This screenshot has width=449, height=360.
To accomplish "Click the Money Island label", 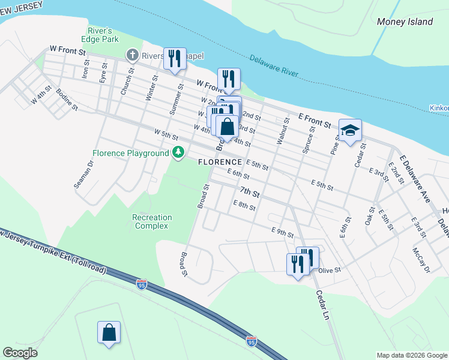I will click(405, 22).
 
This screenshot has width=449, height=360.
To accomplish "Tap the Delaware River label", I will click(273, 65).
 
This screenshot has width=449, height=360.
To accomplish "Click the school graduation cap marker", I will click(350, 129).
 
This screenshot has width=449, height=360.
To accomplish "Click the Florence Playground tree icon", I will click(178, 153).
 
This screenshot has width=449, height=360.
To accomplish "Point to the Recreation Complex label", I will click(152, 221).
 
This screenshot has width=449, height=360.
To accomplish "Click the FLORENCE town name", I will click(220, 163).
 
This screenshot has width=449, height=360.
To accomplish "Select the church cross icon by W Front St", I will click(133, 56).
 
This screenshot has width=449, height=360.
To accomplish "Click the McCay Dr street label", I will click(421, 259).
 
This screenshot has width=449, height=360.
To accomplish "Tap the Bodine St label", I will click(67, 100).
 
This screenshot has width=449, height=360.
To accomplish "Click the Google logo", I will click(20, 353).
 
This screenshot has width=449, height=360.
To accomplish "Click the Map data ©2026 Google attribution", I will click(412, 355).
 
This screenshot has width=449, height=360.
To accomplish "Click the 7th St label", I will click(250, 193).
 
